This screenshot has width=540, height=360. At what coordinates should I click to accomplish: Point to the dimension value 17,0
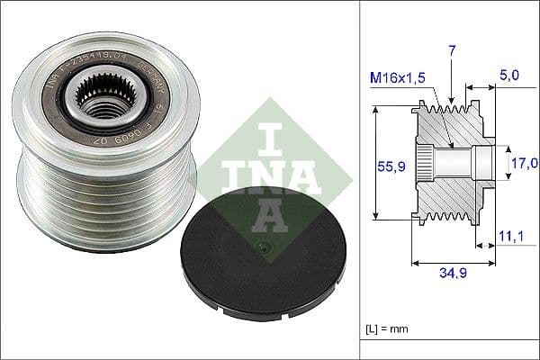point(525,163)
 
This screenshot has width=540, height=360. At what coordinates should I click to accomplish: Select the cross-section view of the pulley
point(450,163)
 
